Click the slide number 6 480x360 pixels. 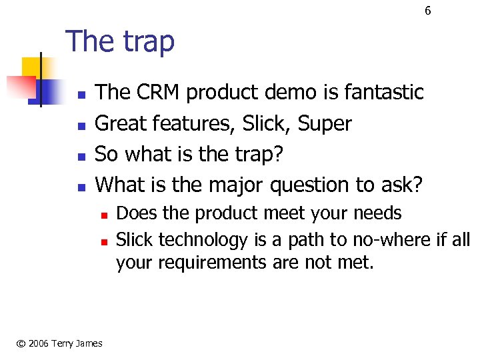[x=428, y=11]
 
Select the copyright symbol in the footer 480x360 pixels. [x=21, y=343]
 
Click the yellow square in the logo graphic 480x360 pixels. [x=33, y=68]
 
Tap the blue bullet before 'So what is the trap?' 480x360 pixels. [x=81, y=155]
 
